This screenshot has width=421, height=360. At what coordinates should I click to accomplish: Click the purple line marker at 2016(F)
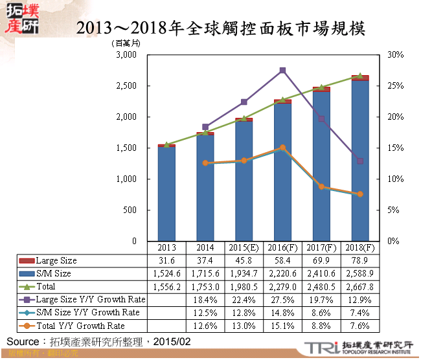pyautogui.click(x=282, y=70)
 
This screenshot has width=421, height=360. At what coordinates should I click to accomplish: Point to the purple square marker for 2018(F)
pyautogui.click(x=360, y=161)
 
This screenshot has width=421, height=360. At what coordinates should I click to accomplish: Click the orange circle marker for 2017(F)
pyautogui.click(x=321, y=186)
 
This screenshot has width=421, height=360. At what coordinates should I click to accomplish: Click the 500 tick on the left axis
pyautogui.click(x=130, y=210)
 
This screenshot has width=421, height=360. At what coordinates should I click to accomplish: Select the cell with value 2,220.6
pyautogui.click(x=282, y=274)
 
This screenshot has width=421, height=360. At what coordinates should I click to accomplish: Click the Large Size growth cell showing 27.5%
pyautogui.click(x=282, y=300)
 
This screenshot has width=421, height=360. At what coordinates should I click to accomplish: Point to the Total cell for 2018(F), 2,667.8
pyautogui.click(x=360, y=287)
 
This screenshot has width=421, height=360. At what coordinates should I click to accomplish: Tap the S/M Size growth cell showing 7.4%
pyautogui.click(x=360, y=313)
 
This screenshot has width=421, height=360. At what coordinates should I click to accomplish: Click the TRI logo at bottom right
pyautogui.click(x=320, y=348)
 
